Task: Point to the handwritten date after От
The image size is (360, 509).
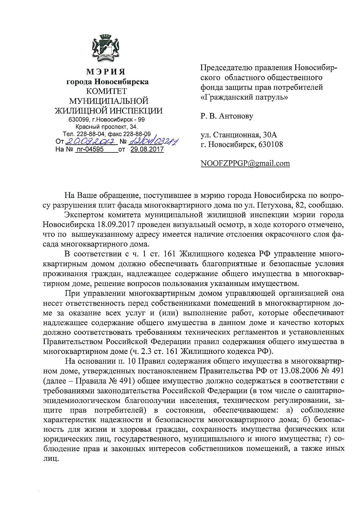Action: pos(92,142)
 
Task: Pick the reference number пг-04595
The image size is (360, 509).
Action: pos(89,150)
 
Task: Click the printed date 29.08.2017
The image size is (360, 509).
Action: pos(147,150)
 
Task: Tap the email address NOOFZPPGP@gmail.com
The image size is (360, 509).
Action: pos(245,163)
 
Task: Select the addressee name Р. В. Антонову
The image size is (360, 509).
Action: pos(227,116)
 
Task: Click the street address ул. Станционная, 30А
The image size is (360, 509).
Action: pos(239,135)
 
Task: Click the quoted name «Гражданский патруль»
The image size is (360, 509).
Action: pos(244,97)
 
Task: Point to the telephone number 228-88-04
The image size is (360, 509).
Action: pos(92,134)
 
